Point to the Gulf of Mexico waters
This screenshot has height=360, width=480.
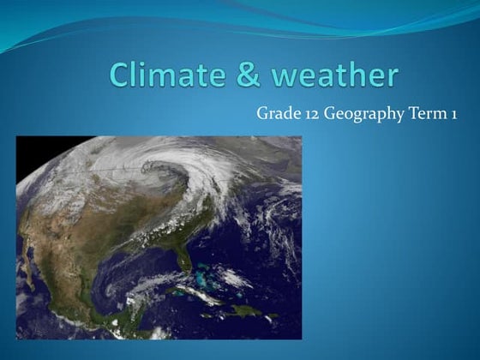point(129,274)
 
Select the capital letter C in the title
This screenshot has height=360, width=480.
point(121,75)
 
